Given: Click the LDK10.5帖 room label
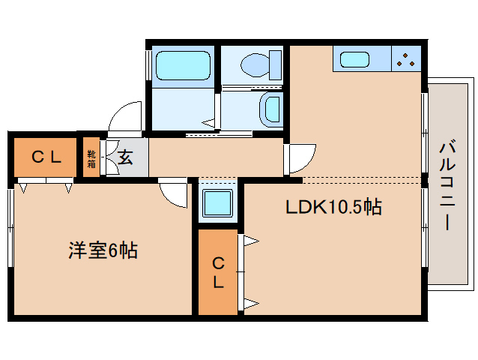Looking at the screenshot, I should [333, 208].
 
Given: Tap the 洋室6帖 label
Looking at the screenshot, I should [103, 250].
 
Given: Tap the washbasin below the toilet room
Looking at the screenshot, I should [268, 109].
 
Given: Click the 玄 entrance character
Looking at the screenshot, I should [126, 157].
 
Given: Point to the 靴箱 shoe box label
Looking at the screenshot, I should [91, 158].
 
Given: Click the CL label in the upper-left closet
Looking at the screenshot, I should [46, 157].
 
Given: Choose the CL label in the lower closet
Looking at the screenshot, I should [217, 273].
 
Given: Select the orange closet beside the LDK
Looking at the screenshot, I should [217, 272].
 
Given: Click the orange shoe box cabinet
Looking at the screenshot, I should [91, 157].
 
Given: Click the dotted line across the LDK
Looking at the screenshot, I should [360, 180].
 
